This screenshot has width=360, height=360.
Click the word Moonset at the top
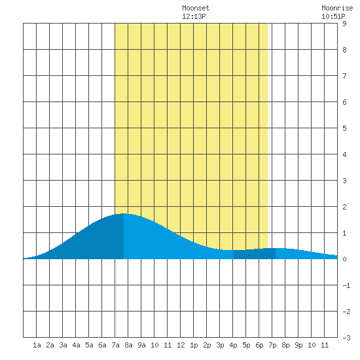click(x=196, y=8)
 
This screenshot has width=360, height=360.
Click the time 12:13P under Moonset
click(x=194, y=16)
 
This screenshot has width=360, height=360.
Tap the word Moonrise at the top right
click(x=337, y=8)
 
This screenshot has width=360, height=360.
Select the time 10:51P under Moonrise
click(x=333, y=16)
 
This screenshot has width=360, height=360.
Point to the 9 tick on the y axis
click(x=344, y=24)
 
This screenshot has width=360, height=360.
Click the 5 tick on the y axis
click(x=344, y=128)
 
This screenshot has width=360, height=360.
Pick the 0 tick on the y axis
click(x=344, y=259)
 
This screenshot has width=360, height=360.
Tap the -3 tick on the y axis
click(x=346, y=338)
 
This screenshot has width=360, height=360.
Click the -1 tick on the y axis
click(x=346, y=285)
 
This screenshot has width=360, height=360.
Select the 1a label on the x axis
click(x=37, y=345)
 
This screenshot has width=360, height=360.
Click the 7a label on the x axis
click(x=115, y=345)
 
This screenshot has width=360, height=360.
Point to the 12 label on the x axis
click(x=181, y=345)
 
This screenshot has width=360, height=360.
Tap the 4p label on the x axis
click(x=233, y=345)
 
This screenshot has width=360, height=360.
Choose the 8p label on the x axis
click(x=285, y=345)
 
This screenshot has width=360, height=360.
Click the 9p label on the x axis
click(x=298, y=345)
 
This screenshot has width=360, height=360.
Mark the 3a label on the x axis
click(x=63, y=345)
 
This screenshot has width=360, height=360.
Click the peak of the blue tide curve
click(x=124, y=214)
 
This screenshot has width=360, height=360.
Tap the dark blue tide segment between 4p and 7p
click(x=255, y=254)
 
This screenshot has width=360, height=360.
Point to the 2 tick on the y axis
click(x=344, y=207)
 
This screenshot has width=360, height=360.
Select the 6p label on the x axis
click(x=259, y=345)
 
